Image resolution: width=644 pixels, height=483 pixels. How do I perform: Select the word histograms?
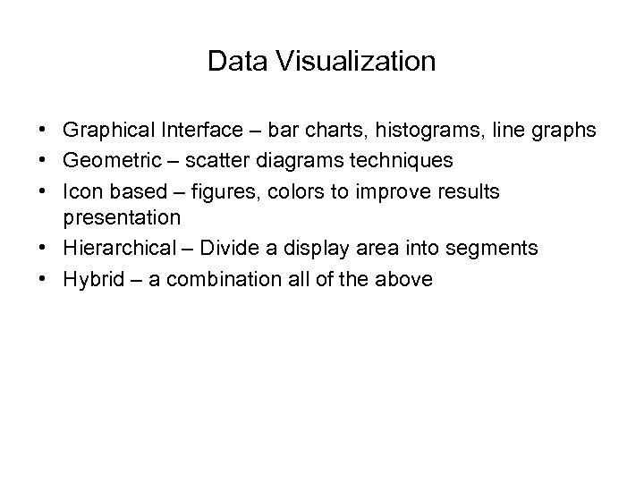[433, 131]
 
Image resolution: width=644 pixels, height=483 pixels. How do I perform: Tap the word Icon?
[80, 191]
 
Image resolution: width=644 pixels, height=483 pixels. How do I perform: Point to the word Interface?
[196, 131]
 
